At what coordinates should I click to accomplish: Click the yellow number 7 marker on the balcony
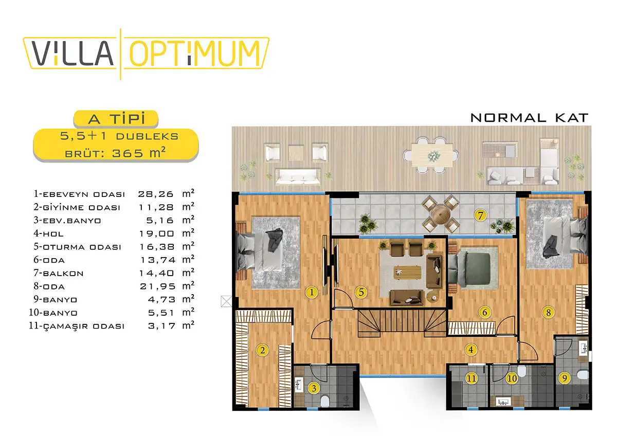[480, 215]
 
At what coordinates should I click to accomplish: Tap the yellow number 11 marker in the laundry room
[471, 378]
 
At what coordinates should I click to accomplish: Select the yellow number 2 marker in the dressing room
[262, 350]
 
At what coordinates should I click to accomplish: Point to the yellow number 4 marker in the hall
[471, 350]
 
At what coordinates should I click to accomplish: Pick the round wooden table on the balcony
[441, 214]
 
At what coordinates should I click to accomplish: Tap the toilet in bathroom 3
[325, 401]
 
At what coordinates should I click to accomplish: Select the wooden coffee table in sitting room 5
[407, 272]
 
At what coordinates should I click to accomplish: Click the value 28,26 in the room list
[156, 194]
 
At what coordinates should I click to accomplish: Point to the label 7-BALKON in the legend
[59, 273]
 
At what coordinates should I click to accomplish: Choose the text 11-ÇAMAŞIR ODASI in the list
[77, 326]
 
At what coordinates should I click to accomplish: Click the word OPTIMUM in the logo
[195, 53]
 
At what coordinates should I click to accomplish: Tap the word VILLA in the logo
[72, 53]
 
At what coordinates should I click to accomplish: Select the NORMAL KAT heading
[529, 118]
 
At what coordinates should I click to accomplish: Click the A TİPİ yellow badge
[116, 119]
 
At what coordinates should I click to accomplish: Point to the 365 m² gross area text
[139, 153]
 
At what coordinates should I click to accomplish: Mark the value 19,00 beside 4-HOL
[156, 234]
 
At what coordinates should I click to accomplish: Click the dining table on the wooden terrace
[432, 155]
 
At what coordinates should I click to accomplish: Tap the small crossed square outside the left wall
[226, 301]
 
